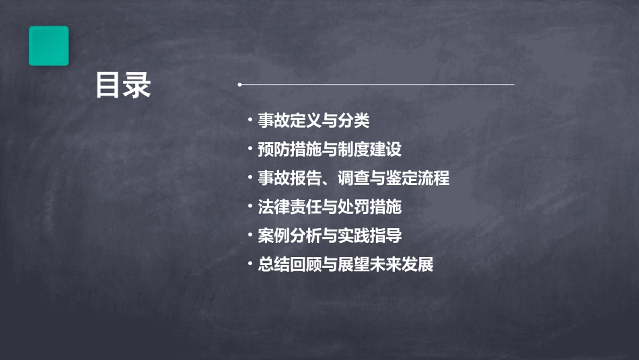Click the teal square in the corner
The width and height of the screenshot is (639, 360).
tap(48, 46)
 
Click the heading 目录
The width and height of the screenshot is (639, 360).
tap(122, 86)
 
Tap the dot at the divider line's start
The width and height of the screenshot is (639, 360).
tap(239, 85)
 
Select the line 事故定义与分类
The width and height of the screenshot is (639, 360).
tap(313, 121)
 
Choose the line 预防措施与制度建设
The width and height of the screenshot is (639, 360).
tap(329, 149)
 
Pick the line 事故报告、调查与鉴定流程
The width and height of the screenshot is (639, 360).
tap(353, 178)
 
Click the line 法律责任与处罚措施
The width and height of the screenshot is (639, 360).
tap(329, 207)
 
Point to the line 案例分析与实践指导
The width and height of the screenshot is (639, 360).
tap(329, 236)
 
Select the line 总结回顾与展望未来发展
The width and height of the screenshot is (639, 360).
tap(345, 264)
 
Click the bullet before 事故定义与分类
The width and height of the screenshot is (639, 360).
tap(250, 121)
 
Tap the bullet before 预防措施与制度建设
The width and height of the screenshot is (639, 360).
tap(250, 149)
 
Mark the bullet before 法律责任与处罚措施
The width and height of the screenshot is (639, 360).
tap(250, 207)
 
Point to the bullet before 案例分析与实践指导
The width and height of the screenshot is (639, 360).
tap(250, 236)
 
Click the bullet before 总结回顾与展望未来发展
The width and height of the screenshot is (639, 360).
tap(250, 264)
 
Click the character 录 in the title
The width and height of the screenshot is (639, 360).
tap(137, 86)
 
